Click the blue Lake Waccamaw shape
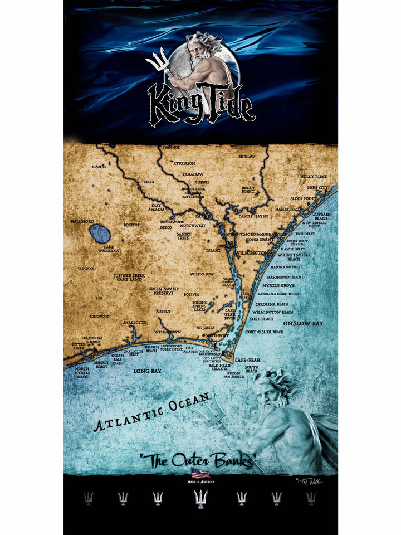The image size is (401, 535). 99,234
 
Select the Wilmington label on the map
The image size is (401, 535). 252,253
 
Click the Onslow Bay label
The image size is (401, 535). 302,323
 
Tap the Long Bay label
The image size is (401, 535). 147,370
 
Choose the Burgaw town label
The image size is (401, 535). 246,157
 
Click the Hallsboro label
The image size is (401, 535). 82,221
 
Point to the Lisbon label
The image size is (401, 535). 99,166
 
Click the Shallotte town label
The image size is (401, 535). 134,322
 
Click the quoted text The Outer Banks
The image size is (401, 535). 197,461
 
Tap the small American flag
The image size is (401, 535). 200,473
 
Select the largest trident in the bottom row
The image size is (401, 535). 200,498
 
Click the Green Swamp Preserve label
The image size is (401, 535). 163,291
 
